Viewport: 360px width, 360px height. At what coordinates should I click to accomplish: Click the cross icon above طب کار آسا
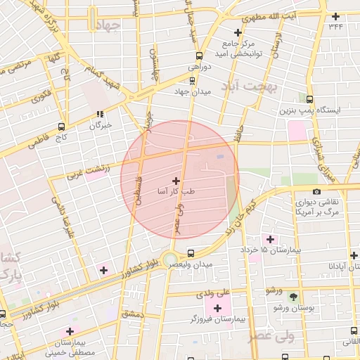[176, 181]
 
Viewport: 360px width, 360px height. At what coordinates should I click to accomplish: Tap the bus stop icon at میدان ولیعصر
[191, 253]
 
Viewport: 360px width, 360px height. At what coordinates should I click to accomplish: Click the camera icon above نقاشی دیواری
[316, 191]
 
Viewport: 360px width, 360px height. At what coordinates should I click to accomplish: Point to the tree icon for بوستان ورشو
[293, 296]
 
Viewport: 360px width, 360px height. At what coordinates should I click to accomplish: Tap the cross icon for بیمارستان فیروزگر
[217, 308]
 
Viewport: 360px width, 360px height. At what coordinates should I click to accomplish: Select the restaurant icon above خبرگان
[101, 113]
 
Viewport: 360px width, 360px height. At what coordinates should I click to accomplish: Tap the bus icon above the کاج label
[62, 127]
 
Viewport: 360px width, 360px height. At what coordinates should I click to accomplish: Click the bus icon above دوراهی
[198, 56]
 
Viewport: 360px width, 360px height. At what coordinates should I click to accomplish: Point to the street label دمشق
[133, 314]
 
